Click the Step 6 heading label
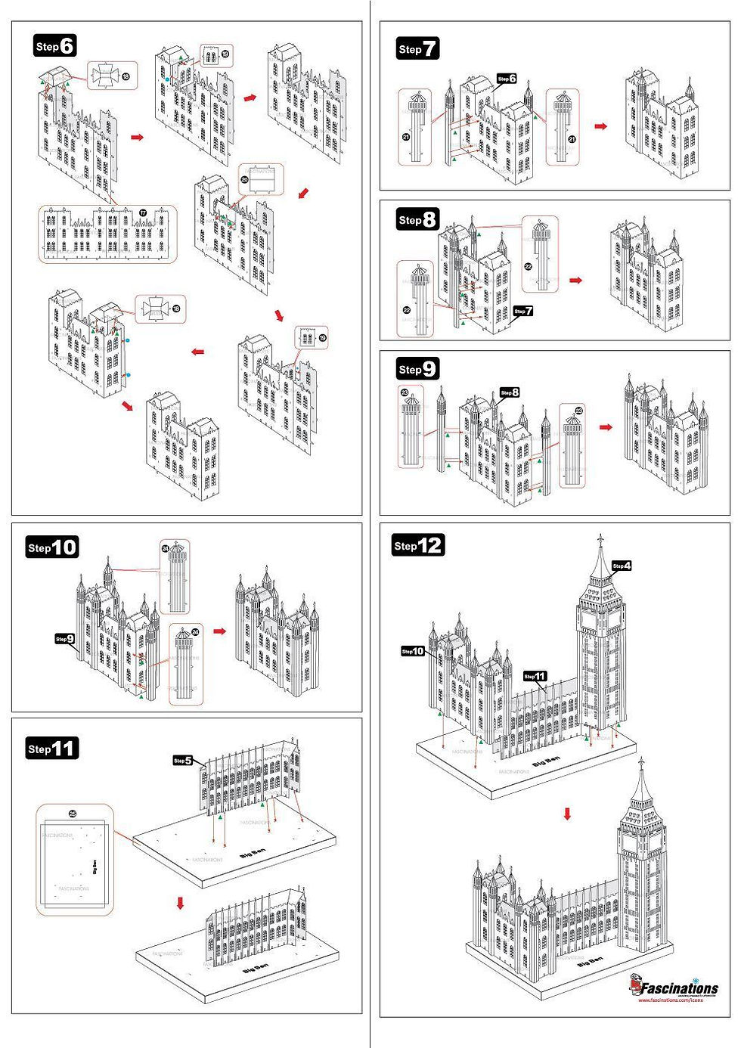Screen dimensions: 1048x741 [55, 46]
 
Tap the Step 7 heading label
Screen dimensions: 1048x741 [417, 49]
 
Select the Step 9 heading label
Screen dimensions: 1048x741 [417, 369]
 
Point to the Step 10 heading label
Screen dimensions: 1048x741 [52, 547]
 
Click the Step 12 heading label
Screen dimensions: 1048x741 [417, 545]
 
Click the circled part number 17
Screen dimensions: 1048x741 [143, 213]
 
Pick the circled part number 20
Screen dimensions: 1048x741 [244, 180]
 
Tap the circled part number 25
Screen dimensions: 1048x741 [73, 814]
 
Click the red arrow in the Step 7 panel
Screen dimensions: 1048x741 [600, 126]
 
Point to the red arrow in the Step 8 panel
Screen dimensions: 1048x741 [576, 281]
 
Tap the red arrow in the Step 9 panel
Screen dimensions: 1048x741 [606, 427]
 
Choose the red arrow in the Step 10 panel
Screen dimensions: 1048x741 [219, 631]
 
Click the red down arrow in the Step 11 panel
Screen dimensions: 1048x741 [180, 903]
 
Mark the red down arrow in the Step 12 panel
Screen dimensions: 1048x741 [567, 814]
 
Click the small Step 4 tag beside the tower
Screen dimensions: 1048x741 [622, 566]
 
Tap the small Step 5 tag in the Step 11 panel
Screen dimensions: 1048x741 [182, 761]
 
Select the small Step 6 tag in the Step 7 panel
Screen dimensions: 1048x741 [507, 79]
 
